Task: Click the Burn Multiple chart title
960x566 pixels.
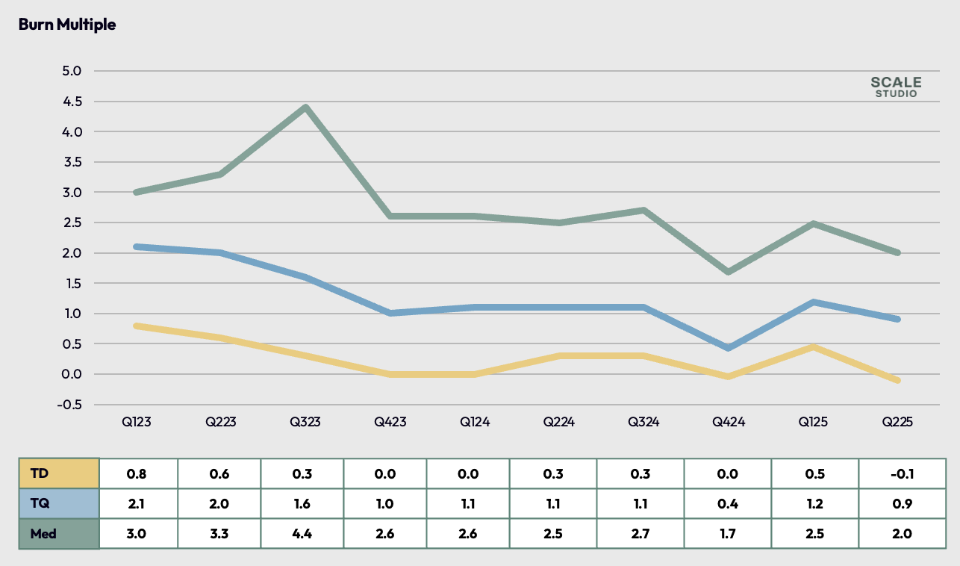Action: coord(67,25)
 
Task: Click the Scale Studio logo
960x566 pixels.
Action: coord(896,87)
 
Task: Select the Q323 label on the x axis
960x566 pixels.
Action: coord(305,423)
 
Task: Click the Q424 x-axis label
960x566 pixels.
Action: coord(728,423)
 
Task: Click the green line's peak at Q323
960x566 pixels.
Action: coord(305,108)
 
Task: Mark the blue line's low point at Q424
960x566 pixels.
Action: coord(728,348)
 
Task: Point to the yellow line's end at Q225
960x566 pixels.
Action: coord(897,381)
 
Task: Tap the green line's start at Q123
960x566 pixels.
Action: coord(137,192)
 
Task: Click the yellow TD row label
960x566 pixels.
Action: coord(59,473)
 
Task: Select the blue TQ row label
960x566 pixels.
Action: coord(59,503)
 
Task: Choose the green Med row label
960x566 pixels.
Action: coord(59,534)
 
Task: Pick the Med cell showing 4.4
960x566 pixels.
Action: coord(302,534)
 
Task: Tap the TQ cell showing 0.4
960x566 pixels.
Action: coord(727,503)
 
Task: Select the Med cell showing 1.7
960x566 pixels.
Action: coord(727,534)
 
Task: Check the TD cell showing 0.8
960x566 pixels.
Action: coord(136,473)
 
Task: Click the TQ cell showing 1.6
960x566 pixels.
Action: coord(302,503)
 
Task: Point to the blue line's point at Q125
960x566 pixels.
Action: coord(812,302)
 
